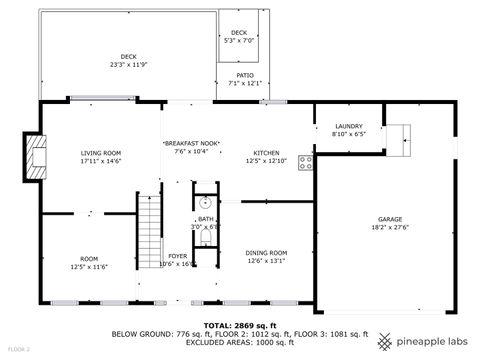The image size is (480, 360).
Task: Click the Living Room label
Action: [100, 152]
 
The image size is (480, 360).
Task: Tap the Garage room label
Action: [390, 219]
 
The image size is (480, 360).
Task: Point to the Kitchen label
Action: [266, 152]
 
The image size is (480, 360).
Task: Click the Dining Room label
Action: [266, 252]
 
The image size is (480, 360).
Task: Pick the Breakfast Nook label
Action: [191, 144]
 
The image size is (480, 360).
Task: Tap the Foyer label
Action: [178, 256]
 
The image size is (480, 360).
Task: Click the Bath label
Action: [205, 219]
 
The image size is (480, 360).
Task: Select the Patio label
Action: [245, 75]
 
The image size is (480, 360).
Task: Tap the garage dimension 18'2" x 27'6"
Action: [390, 228]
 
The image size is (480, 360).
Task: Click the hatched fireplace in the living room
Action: [36, 157]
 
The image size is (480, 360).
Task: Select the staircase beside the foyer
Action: [149, 232]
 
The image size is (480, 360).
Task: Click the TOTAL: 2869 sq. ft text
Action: [239, 325]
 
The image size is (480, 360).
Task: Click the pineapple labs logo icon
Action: [384, 341]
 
